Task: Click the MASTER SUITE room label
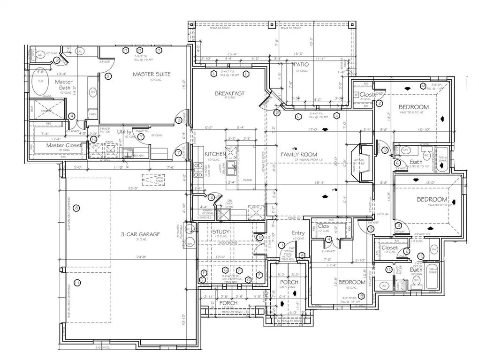tap(151, 74)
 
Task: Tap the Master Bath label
tap(63, 85)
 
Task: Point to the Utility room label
tap(124, 132)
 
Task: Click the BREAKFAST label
tap(229, 93)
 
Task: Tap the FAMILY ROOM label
tap(298, 154)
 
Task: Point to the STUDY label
tap(220, 232)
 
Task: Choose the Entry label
tap(298, 233)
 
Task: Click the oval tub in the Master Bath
tap(38, 84)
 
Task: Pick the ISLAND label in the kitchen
tap(248, 180)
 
